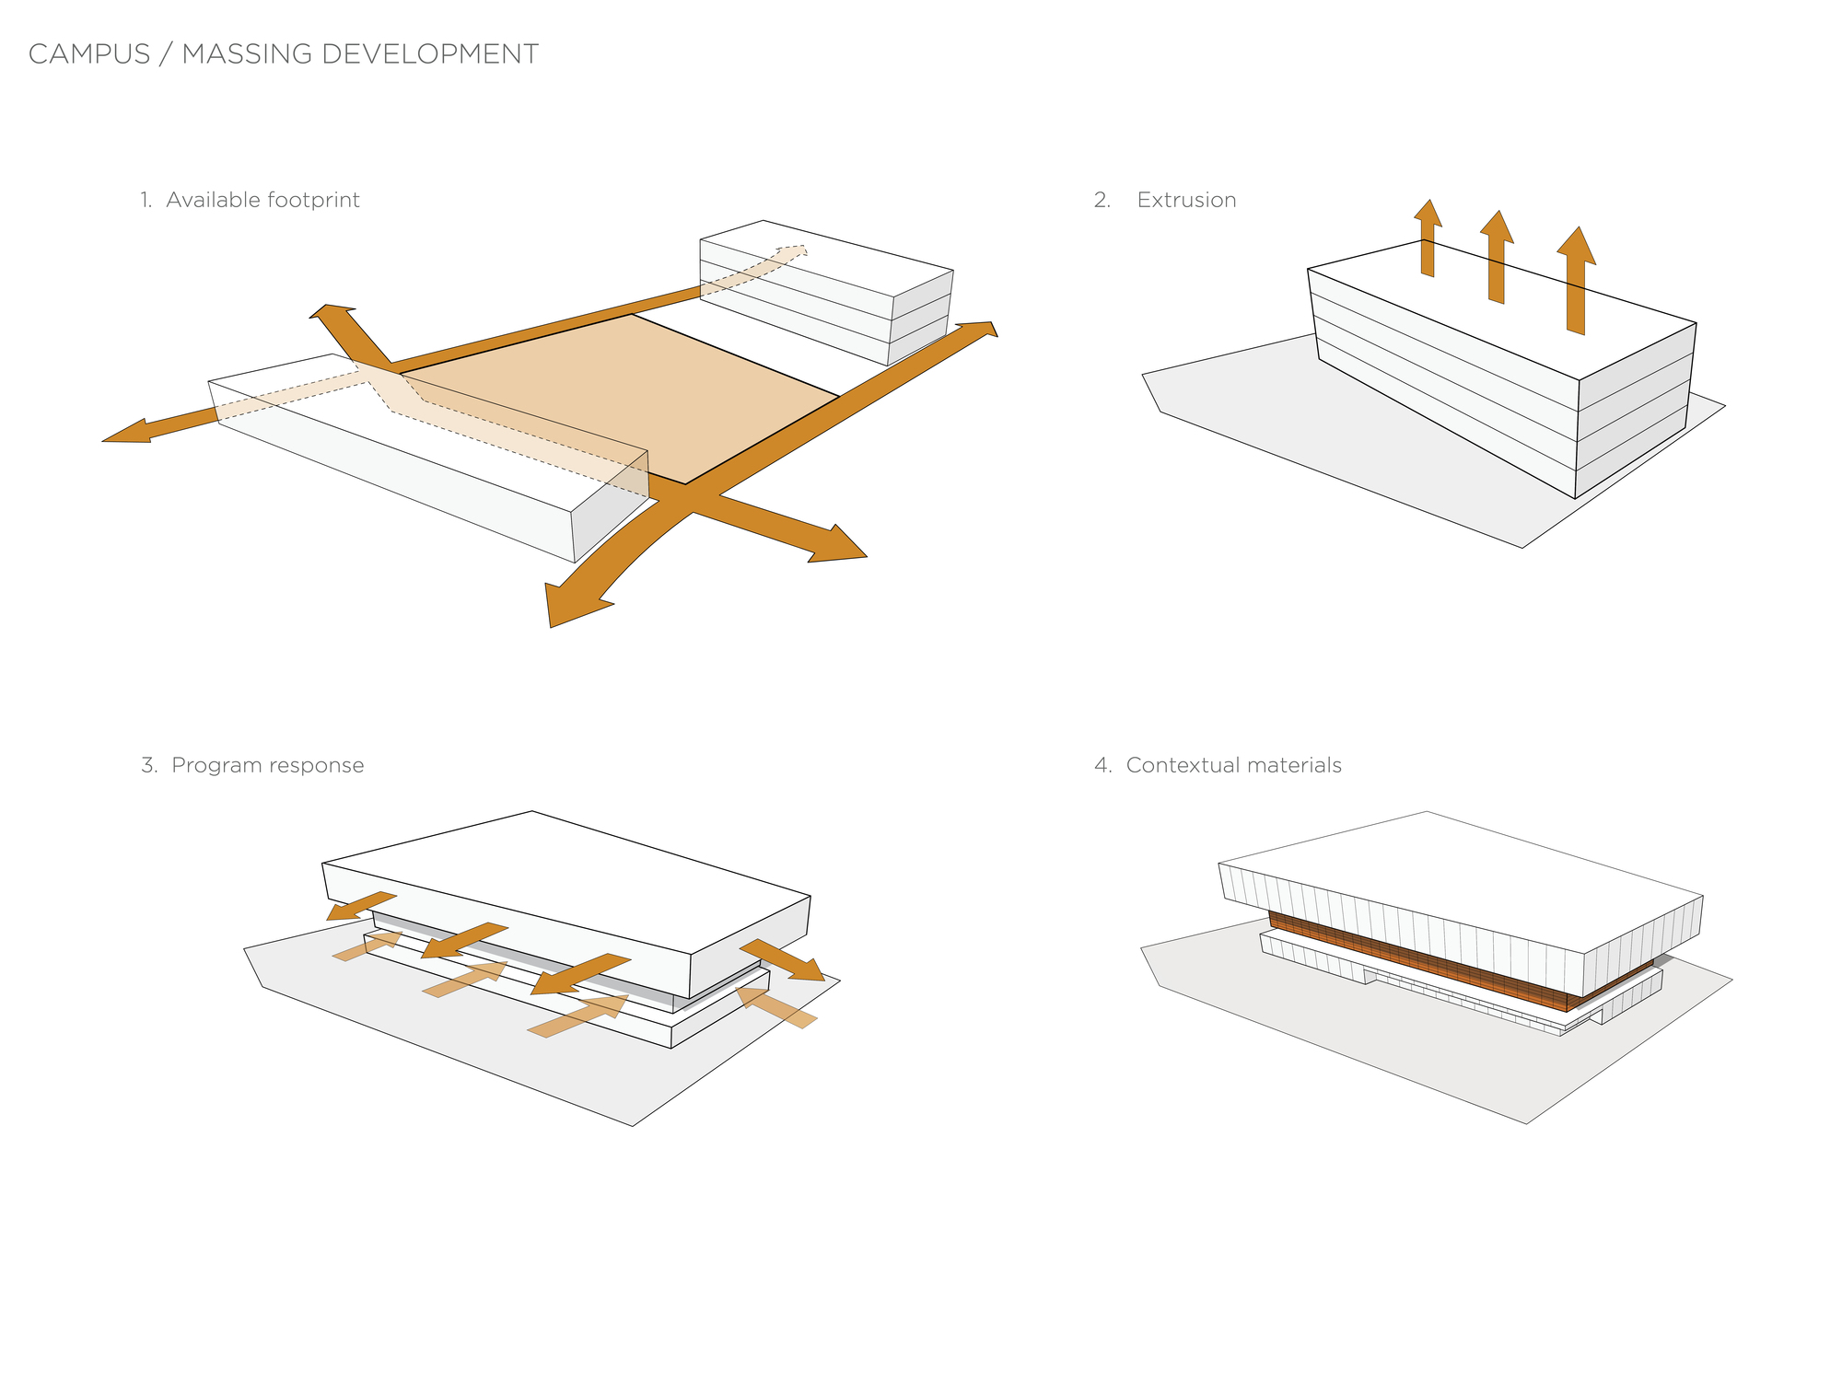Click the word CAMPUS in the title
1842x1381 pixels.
[89, 54]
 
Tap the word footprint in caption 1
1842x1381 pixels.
[313, 200]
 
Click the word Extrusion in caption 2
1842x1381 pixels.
[1186, 200]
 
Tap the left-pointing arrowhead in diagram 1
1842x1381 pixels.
[129, 432]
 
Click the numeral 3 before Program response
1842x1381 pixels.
[148, 765]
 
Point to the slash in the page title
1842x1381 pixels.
[166, 54]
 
